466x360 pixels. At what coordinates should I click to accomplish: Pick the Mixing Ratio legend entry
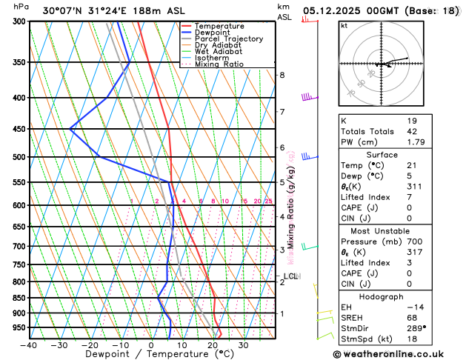click(x=219, y=64)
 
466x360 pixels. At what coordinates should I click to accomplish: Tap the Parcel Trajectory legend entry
click(x=228, y=39)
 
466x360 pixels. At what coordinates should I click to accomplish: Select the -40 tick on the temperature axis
click(x=30, y=345)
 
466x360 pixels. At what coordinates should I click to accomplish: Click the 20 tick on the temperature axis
click(x=213, y=345)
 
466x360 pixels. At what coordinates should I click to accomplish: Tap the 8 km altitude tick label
click(x=282, y=76)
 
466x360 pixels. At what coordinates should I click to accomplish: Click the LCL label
click(x=290, y=276)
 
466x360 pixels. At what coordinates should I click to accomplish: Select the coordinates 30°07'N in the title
click(x=62, y=10)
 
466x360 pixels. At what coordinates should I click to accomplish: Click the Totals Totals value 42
click(x=412, y=131)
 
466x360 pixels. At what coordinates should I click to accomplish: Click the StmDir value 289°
click(x=416, y=329)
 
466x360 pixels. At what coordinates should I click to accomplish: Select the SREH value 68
click(x=412, y=318)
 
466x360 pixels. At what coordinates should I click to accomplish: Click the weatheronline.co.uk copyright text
click(x=401, y=353)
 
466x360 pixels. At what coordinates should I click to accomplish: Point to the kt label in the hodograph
click(x=344, y=26)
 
